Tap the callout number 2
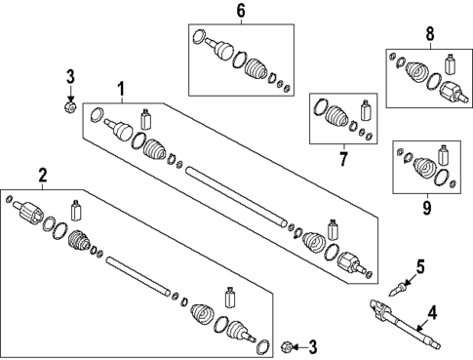(42, 176)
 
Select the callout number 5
(420, 264)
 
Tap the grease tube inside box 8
(451, 66)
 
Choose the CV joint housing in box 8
(453, 95)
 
